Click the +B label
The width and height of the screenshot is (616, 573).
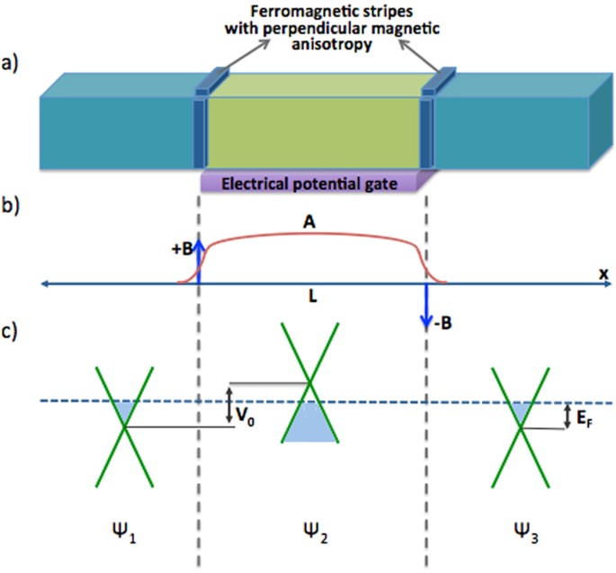181,251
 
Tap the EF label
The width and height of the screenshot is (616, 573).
587,416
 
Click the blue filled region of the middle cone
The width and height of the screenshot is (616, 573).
310,425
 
